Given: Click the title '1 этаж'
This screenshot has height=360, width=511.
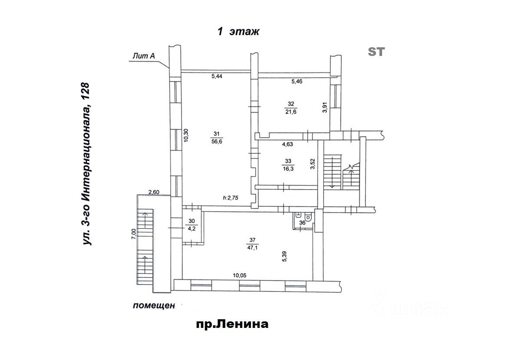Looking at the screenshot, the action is [238, 32].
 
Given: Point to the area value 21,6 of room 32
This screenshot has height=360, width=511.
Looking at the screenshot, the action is [290, 111].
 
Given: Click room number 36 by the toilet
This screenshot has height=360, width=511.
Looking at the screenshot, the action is [303, 223].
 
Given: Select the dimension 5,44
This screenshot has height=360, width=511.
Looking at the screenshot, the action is [217, 77].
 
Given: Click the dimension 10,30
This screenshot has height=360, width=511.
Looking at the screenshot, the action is [186, 135].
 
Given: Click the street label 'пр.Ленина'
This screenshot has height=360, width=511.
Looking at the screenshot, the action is [232, 324].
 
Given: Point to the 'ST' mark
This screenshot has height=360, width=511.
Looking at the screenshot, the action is [376, 52].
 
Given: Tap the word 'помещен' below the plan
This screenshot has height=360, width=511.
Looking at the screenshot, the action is [154, 306].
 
